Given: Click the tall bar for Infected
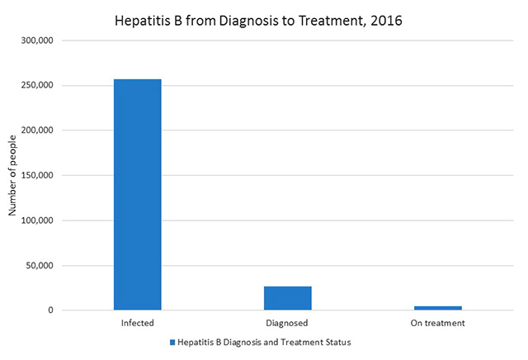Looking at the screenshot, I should [x=137, y=195].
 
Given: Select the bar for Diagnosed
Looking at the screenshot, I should [x=288, y=298].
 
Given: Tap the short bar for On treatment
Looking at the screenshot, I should [x=438, y=308].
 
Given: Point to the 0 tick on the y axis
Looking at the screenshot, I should [x=50, y=310].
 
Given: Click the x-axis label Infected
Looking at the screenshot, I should [x=137, y=323].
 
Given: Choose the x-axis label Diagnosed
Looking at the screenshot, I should [x=288, y=323].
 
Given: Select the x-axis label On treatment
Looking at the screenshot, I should [x=438, y=323].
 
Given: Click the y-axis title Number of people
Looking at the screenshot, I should [x=12, y=175].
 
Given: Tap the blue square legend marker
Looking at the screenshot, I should [x=173, y=342].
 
